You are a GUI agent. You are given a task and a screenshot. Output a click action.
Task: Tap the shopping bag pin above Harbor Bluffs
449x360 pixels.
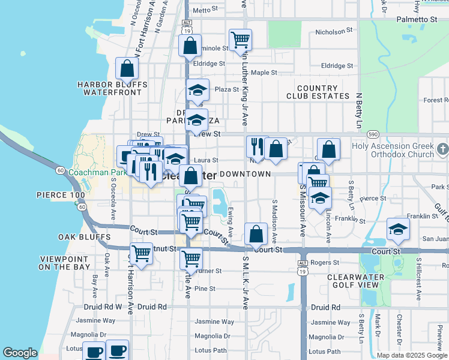127,69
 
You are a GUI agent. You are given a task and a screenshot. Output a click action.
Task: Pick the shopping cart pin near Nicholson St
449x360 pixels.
240,40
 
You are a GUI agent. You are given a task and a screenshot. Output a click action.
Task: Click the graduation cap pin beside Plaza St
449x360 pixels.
197,90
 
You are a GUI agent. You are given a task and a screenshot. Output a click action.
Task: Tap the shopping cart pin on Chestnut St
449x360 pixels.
141,253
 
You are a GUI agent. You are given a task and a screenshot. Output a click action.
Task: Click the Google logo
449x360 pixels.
20,353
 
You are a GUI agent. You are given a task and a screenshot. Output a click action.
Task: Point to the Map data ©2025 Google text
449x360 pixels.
412,355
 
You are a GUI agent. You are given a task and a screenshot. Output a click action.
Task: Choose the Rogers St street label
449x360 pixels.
325,262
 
